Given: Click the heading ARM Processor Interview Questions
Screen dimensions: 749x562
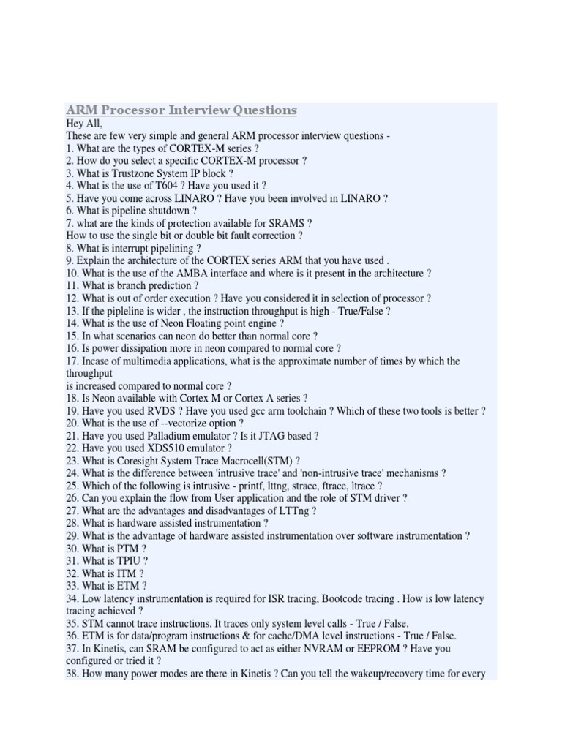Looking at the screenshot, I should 181,110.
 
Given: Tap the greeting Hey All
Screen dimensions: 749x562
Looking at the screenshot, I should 84,124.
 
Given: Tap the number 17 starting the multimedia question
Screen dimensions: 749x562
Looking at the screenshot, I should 72,361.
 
